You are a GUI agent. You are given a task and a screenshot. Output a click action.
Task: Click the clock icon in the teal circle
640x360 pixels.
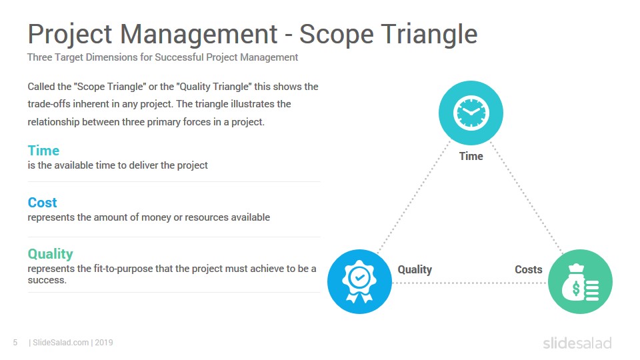471,113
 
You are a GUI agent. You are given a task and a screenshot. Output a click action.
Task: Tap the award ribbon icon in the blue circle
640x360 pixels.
359,281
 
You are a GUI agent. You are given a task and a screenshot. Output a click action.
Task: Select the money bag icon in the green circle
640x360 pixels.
580,283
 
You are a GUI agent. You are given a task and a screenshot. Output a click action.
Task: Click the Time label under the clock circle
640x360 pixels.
471,156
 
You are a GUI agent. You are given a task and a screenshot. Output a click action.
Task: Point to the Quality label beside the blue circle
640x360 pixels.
415,270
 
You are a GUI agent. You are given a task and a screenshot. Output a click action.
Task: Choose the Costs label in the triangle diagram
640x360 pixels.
529,269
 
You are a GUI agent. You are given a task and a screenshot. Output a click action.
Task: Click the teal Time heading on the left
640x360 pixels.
44,151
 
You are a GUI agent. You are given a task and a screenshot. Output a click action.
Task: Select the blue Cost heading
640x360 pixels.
43,203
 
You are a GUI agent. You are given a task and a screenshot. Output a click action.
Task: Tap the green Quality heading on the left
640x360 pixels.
51,254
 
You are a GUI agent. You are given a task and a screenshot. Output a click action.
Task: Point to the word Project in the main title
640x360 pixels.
70,34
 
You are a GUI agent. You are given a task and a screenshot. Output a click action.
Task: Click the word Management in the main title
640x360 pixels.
199,34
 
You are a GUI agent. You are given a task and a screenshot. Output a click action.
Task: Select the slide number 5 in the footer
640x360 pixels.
15,343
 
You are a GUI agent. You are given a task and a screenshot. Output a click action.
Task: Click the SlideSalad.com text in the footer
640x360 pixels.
61,343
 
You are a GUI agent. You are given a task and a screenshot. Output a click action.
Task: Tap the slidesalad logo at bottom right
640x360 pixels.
577,343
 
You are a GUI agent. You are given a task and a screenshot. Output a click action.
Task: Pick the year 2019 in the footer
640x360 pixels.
104,343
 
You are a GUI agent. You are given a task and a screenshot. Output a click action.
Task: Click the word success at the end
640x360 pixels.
47,280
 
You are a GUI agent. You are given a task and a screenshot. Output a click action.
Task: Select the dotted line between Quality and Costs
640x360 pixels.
469,283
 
